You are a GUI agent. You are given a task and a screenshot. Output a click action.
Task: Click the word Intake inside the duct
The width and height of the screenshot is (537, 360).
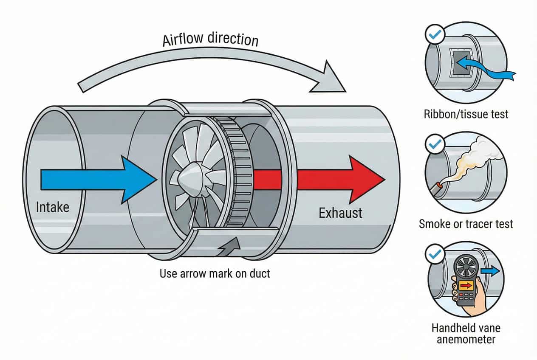tap(53, 208)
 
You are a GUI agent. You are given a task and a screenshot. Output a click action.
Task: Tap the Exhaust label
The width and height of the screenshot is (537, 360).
tap(341, 212)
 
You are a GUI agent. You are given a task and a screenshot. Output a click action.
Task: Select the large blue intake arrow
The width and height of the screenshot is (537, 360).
tap(98, 178)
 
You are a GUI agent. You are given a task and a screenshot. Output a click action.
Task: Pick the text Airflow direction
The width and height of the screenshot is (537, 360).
tap(211, 39)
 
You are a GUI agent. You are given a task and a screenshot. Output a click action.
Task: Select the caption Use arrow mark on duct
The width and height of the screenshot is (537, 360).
tap(215, 273)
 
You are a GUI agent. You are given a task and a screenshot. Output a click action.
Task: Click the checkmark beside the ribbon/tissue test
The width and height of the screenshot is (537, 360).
tap(435, 35)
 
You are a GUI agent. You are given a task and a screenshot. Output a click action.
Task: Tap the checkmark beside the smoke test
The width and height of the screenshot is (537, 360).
tap(435, 145)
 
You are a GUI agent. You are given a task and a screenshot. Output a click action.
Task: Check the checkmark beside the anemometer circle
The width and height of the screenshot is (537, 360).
tap(435, 254)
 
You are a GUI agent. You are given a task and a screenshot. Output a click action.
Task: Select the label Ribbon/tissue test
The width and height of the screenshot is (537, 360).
tap(466, 114)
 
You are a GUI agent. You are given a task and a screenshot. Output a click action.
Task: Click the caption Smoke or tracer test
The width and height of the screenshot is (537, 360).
tap(466, 223)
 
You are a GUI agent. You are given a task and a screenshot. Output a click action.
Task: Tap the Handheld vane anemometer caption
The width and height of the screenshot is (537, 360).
tap(466, 333)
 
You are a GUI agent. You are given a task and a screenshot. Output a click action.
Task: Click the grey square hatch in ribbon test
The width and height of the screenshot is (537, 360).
tap(461, 63)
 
